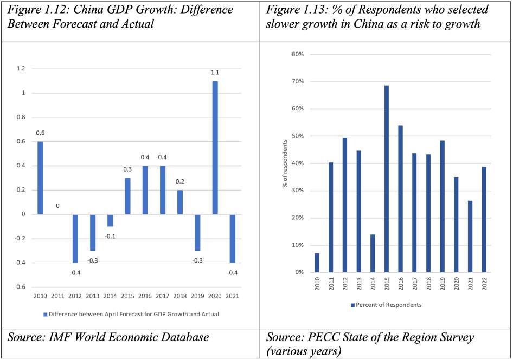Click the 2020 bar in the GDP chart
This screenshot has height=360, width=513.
215,147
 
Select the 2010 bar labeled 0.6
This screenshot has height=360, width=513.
40,178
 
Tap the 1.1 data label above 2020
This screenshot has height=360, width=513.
215,73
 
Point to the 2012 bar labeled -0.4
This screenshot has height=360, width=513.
75,238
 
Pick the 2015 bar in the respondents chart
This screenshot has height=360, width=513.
387,179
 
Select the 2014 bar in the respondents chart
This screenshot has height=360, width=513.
373,253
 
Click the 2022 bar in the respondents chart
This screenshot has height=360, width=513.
483,219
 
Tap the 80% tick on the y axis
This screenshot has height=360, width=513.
298,54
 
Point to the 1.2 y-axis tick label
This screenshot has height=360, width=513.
21,69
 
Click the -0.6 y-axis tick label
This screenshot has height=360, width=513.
20,287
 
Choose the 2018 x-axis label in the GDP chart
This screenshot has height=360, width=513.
180,297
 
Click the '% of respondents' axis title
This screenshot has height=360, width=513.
285,163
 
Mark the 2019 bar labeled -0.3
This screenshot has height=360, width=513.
197,232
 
